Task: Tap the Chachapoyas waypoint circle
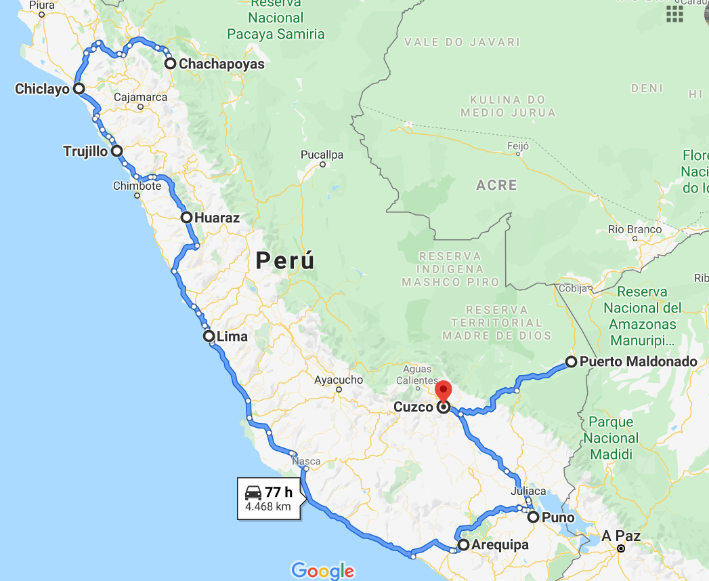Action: coord(170,64)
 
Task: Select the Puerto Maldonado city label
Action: coord(639,362)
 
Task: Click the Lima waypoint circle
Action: coord(209,336)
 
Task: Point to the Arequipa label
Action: coord(500,545)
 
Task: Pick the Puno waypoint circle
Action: coord(534,517)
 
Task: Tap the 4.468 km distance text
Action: coord(268,506)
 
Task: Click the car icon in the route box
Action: coord(253,492)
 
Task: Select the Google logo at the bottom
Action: coord(323,570)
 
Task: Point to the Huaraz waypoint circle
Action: coord(186,218)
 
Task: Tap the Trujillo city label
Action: coord(85,151)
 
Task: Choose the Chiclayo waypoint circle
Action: coord(79,88)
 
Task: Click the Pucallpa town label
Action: coord(322,155)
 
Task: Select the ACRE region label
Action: coord(496,185)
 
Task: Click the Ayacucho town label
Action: coord(339,380)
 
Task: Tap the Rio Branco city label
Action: coord(635,230)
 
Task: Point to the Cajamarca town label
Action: coord(140,98)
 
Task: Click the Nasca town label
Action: coord(305,462)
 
